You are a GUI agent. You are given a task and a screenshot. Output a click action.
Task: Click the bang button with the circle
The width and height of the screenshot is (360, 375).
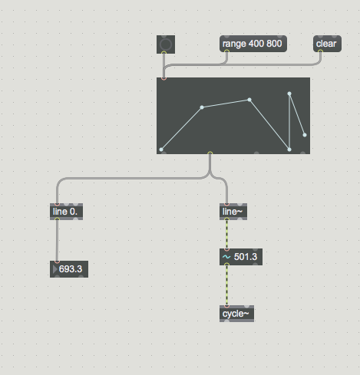pyautogui.click(x=166, y=44)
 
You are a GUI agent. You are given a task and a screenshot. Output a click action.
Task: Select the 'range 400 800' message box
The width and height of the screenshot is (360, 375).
pyautogui.click(x=253, y=44)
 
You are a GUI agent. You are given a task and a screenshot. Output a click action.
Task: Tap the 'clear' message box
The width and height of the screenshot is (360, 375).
pyautogui.click(x=327, y=44)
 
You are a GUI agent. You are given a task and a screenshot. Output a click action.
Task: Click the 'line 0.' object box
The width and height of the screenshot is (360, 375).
pyautogui.click(x=66, y=212)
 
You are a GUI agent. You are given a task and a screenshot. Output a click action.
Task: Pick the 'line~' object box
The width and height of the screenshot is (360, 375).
pyautogui.click(x=233, y=212)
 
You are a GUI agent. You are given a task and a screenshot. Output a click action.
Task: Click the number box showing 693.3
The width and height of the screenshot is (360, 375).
pyautogui.click(x=69, y=269)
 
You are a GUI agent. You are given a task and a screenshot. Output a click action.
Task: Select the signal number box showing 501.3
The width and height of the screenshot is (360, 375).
pyautogui.click(x=241, y=257)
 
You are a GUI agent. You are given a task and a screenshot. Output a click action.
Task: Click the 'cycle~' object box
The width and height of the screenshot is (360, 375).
pyautogui.click(x=236, y=314)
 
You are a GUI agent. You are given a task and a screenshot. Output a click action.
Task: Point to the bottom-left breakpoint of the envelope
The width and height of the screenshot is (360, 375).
pyautogui.click(x=161, y=150)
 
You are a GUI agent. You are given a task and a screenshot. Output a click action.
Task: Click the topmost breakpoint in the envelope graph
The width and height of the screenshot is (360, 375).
pyautogui.click(x=289, y=94)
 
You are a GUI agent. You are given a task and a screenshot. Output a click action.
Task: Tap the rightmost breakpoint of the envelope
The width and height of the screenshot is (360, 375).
pyautogui.click(x=305, y=135)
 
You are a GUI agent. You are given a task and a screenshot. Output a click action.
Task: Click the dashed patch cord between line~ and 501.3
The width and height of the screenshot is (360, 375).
pyautogui.click(x=226, y=234)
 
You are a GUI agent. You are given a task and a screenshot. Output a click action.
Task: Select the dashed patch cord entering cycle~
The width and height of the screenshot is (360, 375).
pyautogui.click(x=226, y=285)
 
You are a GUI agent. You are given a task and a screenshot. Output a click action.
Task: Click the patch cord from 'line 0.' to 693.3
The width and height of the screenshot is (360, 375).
pyautogui.click(x=57, y=241)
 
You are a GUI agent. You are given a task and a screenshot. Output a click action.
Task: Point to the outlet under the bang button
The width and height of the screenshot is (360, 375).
pyautogui.click(x=164, y=53)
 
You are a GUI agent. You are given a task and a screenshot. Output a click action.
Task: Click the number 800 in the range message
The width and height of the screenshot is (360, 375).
pyautogui.click(x=274, y=44)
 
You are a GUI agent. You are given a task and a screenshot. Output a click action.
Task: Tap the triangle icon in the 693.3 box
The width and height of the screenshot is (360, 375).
pyautogui.click(x=54, y=269)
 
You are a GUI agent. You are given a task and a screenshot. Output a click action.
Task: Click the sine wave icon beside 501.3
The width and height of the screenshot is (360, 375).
pyautogui.click(x=226, y=257)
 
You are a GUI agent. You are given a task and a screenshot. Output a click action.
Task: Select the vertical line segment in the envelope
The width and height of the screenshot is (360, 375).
pyautogui.click(x=289, y=122)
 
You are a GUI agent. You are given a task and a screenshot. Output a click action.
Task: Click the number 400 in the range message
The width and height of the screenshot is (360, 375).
pyautogui.click(x=256, y=44)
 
